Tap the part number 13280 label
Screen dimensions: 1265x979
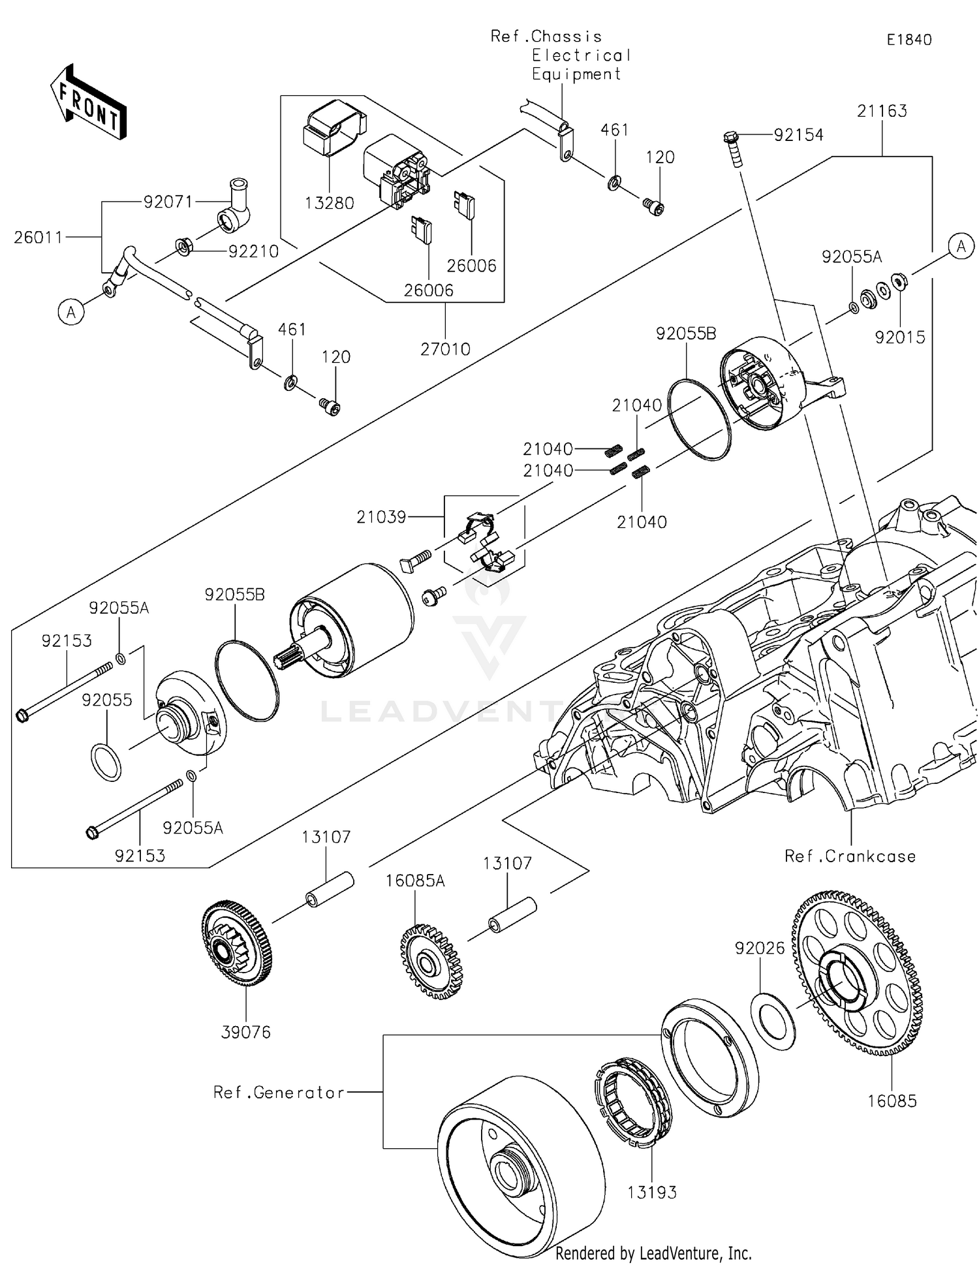point(329,203)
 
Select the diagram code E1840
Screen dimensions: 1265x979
point(909,40)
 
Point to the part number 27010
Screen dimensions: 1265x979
point(445,349)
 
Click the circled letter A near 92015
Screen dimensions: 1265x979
point(961,246)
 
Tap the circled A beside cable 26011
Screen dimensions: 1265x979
point(71,313)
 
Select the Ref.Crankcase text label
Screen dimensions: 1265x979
point(850,856)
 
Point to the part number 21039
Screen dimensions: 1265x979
point(381,517)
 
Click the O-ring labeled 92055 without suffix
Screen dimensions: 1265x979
point(105,761)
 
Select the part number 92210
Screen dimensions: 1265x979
point(253,251)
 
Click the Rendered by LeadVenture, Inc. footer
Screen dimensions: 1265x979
point(653,1253)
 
